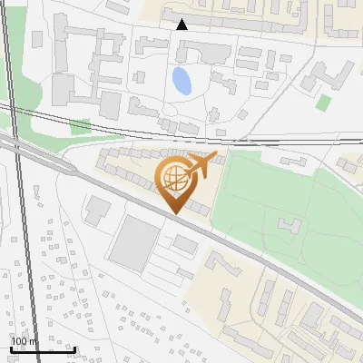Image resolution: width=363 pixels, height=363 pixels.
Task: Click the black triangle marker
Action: (x=181, y=25)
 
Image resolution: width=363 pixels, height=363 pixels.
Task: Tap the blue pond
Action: (x=181, y=81)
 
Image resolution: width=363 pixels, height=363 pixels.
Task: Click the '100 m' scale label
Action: (x=25, y=341)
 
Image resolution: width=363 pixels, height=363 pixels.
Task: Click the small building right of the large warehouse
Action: (x=185, y=244)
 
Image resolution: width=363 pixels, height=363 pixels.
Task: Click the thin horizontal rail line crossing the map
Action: (x=272, y=142)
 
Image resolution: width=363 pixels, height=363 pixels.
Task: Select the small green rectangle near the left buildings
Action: (x=82, y=126)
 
